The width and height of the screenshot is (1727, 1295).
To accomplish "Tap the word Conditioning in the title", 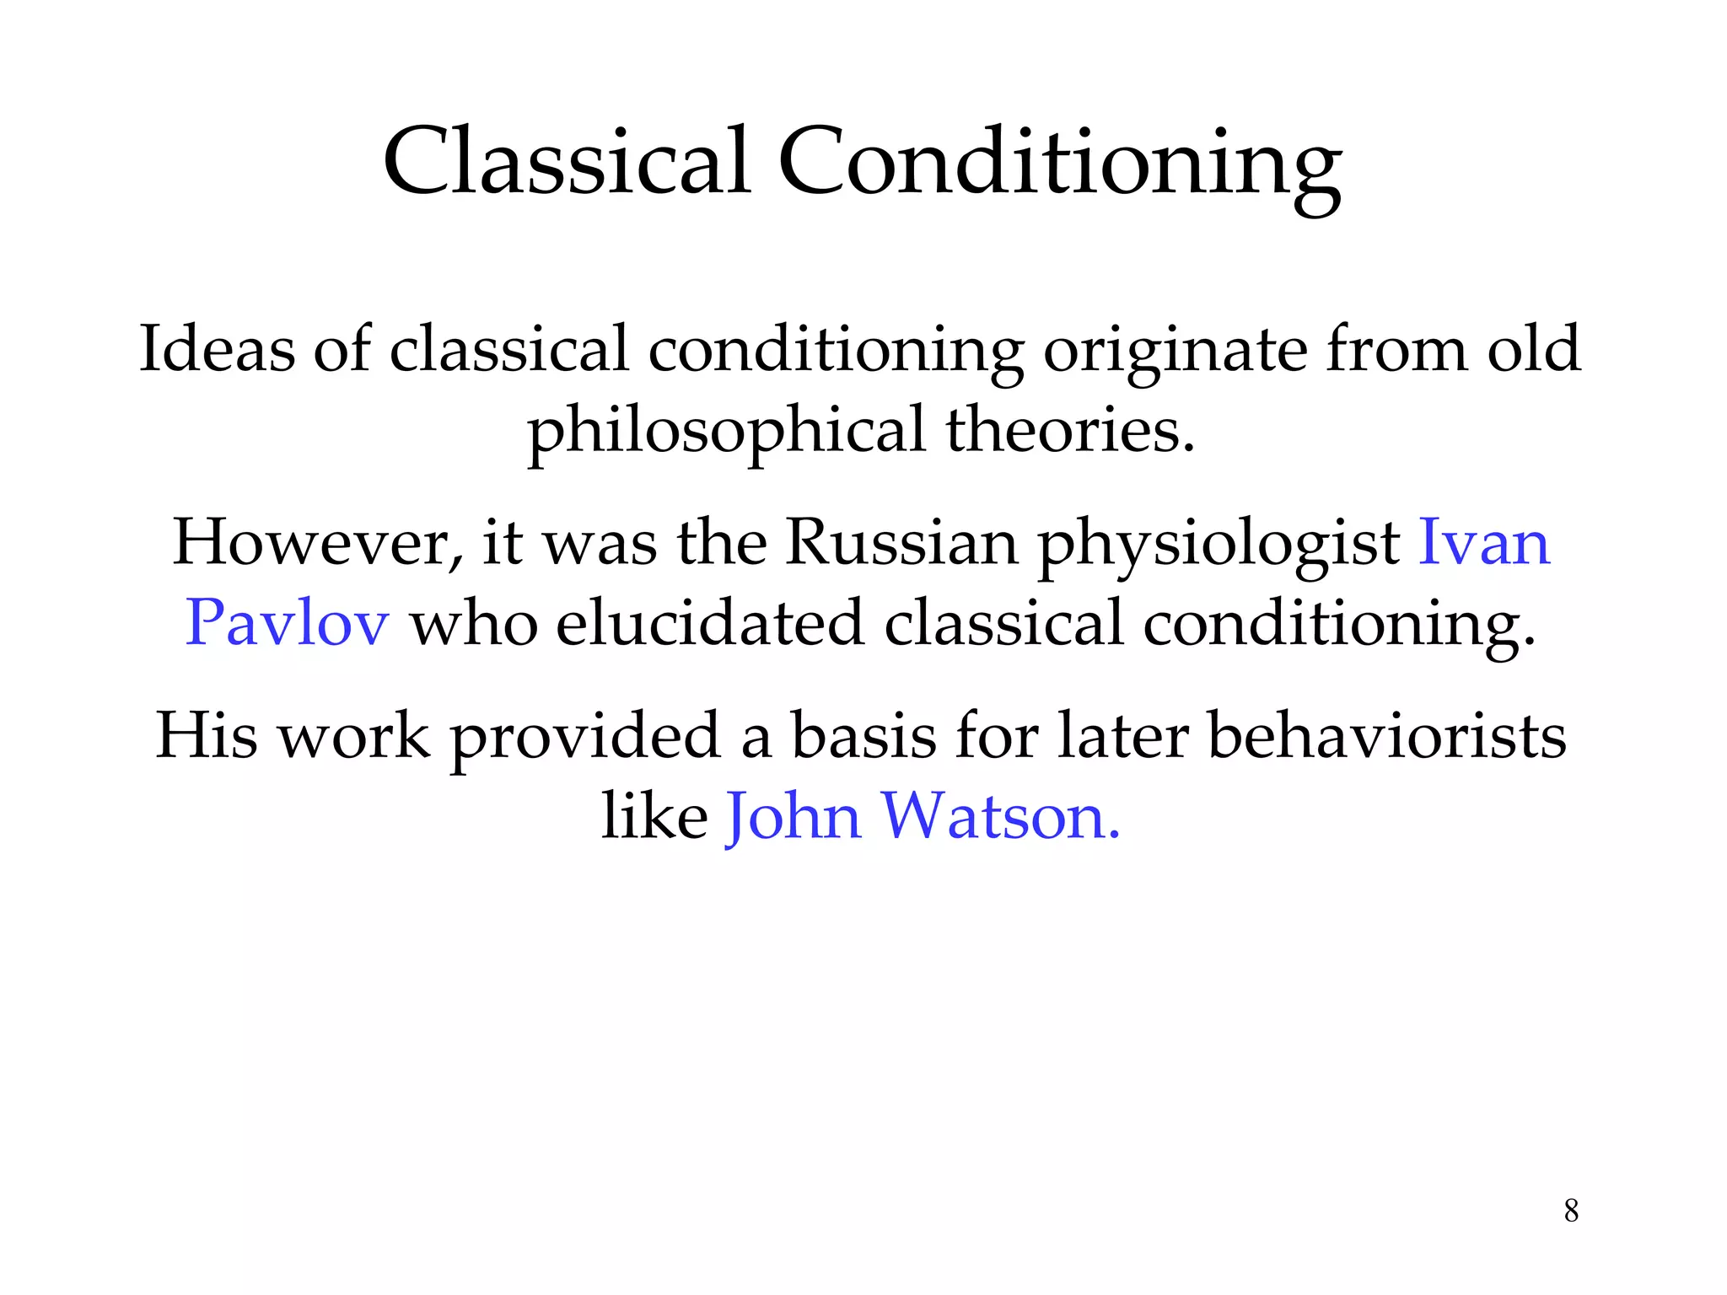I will point(1059,164).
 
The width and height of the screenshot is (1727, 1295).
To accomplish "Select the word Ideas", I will point(217,348).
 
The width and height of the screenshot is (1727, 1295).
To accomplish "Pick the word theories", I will point(1070,429).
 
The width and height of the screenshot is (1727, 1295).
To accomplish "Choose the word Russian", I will point(901,542).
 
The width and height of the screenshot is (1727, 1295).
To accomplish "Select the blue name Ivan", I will point(1484,542).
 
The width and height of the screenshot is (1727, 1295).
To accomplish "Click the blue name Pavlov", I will point(287,623).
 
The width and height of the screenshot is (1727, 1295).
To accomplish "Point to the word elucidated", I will point(710,623).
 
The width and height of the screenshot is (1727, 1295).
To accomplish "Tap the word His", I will point(207,735).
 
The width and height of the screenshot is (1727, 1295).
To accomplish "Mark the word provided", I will point(585,739).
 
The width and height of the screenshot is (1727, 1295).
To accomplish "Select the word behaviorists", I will point(1386,735).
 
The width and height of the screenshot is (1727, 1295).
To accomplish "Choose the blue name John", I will point(794,817).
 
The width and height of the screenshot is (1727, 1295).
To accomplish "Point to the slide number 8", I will point(1571,1211).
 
